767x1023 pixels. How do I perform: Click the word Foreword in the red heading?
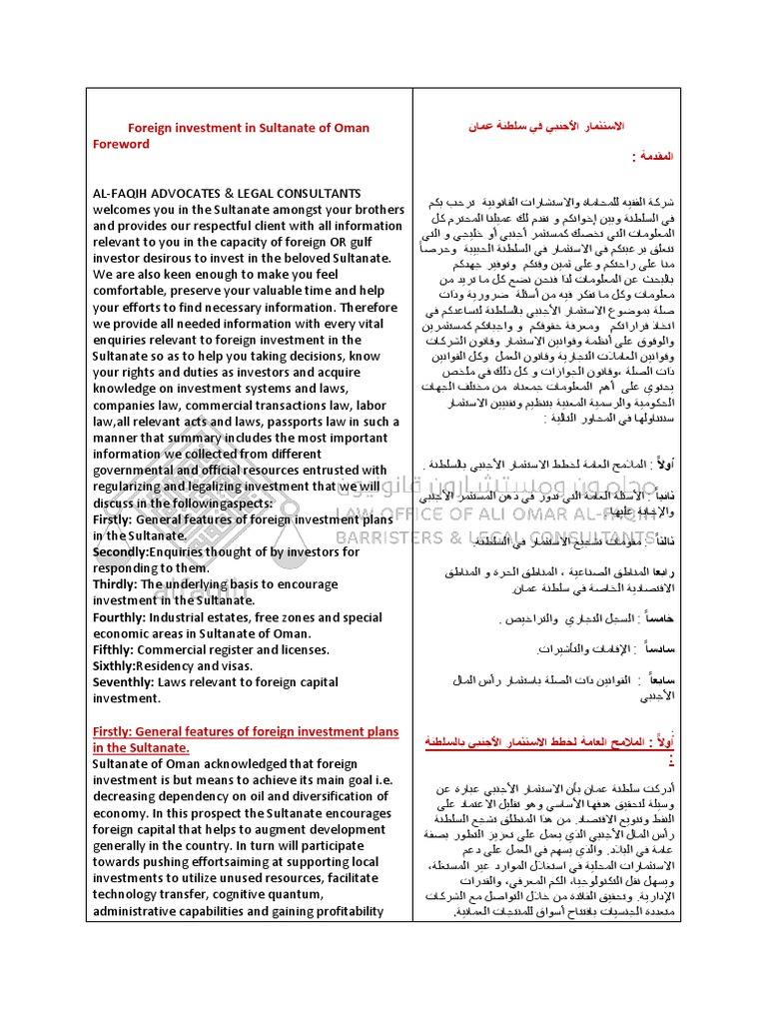click(121, 144)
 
